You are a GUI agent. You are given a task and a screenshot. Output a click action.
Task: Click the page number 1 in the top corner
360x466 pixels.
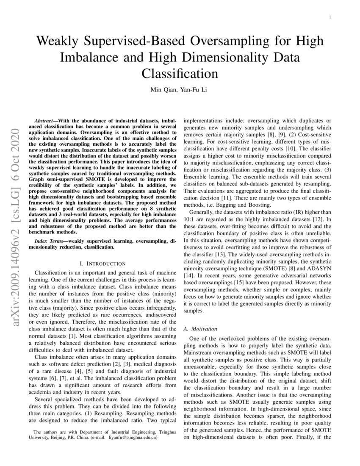[330, 17]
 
